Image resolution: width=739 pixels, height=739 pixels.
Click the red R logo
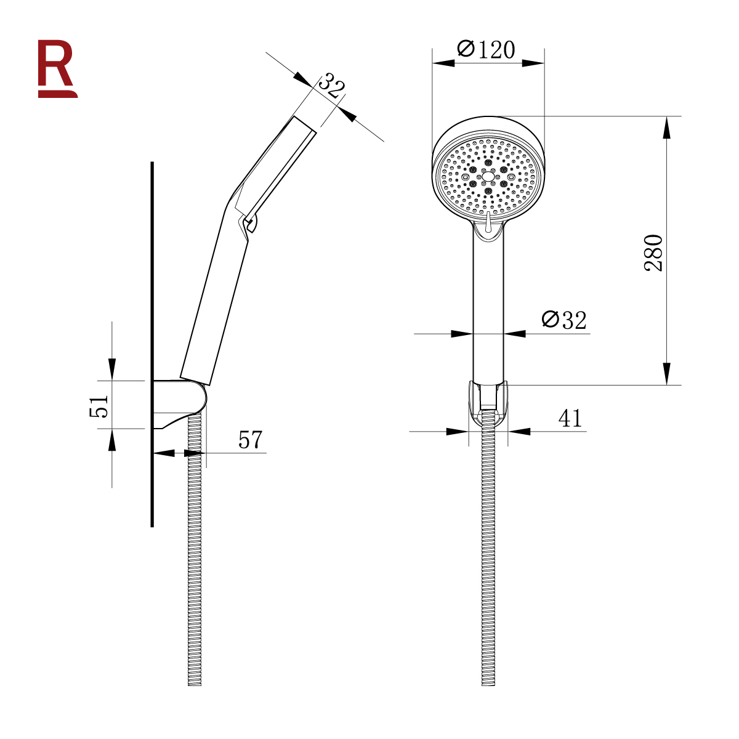pyautogui.click(x=57, y=68)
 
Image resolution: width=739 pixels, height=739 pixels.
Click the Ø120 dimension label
pyautogui.click(x=486, y=49)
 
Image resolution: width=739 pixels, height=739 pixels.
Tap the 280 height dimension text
pyautogui.click(x=653, y=252)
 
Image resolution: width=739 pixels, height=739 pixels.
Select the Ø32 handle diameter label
pyautogui.click(x=563, y=320)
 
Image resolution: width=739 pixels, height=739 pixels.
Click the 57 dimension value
pyautogui.click(x=251, y=440)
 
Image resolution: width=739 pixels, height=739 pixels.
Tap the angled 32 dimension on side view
pyautogui.click(x=332, y=86)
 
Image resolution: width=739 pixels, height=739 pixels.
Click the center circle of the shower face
pyautogui.click(x=488, y=176)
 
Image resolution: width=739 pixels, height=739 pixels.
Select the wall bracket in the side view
pyautogui.click(x=179, y=404)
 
